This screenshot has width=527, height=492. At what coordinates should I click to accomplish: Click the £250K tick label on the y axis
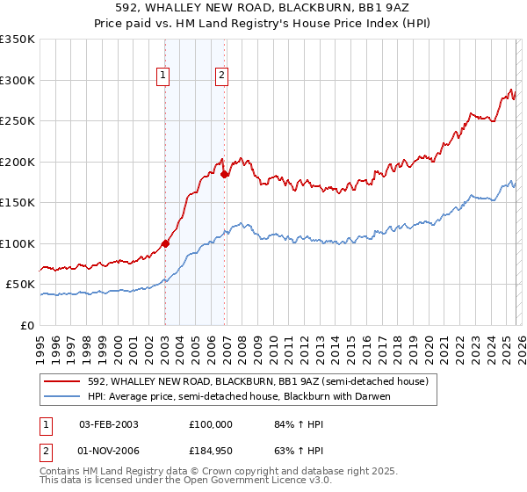[18, 120]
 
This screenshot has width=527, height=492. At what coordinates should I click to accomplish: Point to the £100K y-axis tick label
[18, 243]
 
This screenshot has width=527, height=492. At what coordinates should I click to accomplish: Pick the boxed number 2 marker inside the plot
[222, 76]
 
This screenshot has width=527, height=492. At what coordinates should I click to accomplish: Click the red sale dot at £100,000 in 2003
[165, 243]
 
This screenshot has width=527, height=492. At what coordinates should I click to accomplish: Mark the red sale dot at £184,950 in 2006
[224, 174]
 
